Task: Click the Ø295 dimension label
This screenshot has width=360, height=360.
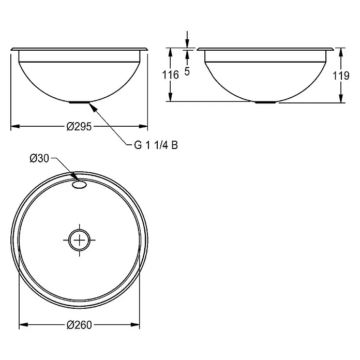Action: pos(79,127)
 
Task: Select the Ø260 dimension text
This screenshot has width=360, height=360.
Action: pos(79,325)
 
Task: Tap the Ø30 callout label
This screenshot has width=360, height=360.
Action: pos(39,158)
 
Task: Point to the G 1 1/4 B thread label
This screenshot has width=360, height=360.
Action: pos(156,145)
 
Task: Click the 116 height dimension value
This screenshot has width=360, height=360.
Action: pos(170,75)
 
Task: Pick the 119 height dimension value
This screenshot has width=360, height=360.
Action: pos(341,76)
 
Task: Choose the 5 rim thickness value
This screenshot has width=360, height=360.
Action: pos(187,71)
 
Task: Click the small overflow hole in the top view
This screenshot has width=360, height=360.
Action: pos(80,185)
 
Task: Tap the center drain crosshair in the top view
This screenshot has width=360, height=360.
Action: pos(80,240)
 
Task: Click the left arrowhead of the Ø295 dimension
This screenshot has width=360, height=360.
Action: pos(15,126)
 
